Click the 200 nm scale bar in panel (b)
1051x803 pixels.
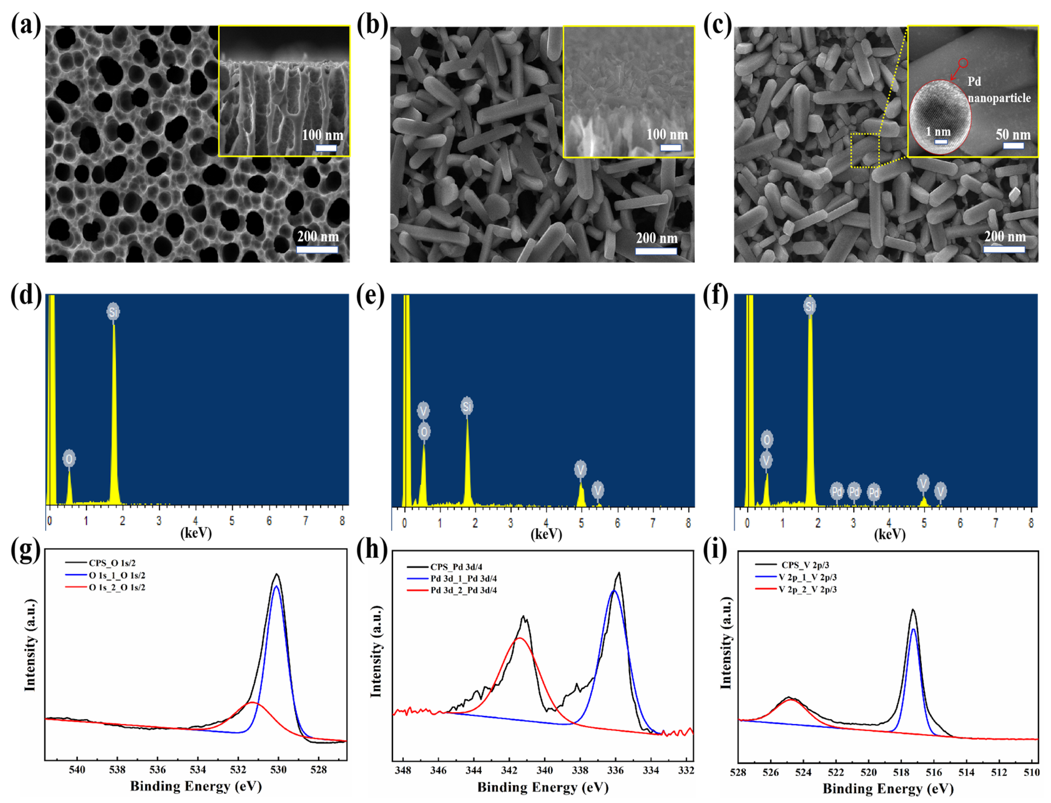tap(656, 250)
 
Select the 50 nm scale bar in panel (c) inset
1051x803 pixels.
tap(1013, 145)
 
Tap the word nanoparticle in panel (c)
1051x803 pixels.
tap(999, 98)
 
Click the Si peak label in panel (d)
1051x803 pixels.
tap(113, 312)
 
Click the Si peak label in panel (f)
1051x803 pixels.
tap(810, 306)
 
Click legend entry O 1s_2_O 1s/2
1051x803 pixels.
tap(117, 588)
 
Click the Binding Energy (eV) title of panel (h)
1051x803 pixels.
tap(543, 787)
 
